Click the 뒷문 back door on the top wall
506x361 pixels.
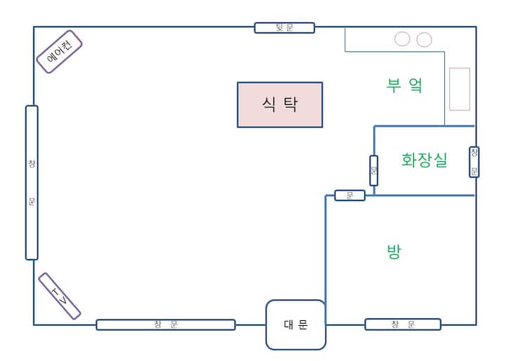coord(284,27)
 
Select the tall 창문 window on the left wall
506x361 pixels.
coord(32,182)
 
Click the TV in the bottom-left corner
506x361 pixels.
coord(60,296)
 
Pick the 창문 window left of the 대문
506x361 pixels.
coord(165,324)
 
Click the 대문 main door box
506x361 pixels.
coord(296,324)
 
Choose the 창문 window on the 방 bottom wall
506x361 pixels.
coord(403,324)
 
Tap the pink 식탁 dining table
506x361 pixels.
coord(280,105)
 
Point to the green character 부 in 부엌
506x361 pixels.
coord(393,86)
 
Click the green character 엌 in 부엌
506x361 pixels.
coord(415,86)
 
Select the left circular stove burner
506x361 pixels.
coord(402,39)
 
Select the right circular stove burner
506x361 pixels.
coord(424,39)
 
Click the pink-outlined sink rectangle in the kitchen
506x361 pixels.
coord(460,89)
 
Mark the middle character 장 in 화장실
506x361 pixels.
coord(424,160)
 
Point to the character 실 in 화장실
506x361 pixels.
coord(440,160)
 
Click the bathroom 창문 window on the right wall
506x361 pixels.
coord(474,162)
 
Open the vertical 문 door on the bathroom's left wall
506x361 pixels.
coord(374,170)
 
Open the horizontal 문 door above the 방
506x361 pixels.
coord(350,196)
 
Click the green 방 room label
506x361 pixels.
coord(394,252)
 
